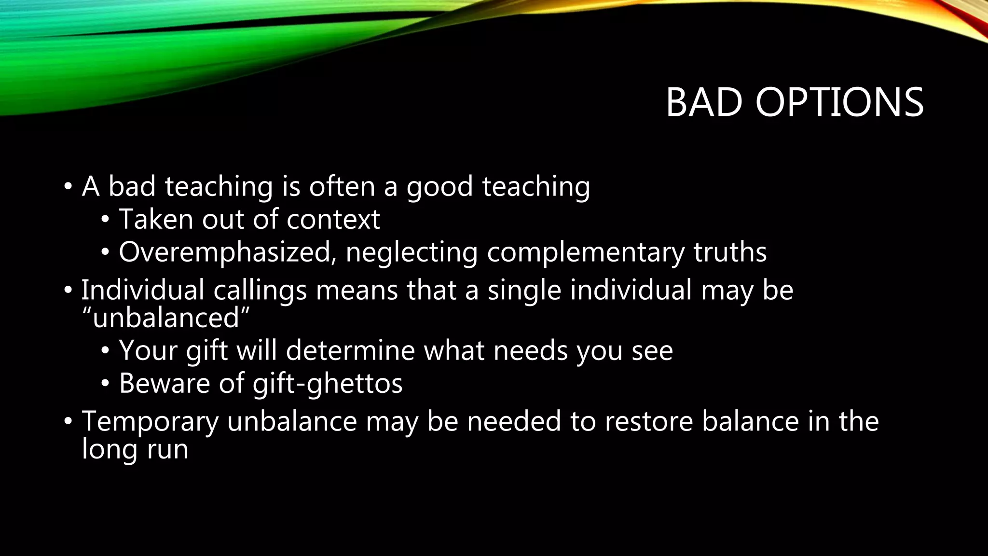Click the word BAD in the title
704,102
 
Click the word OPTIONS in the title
839,102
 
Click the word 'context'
333,219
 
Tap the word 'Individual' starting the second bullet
143,290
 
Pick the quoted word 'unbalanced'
166,318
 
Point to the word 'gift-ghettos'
328,383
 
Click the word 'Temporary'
150,421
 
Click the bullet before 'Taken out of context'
105,220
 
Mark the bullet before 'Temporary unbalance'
68,422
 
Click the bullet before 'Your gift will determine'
105,351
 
